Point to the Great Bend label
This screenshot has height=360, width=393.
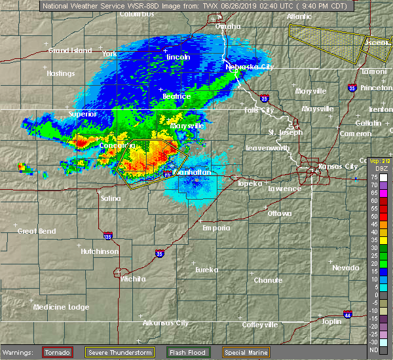37,231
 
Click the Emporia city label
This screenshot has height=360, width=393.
216,228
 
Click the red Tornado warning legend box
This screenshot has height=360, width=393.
57,352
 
